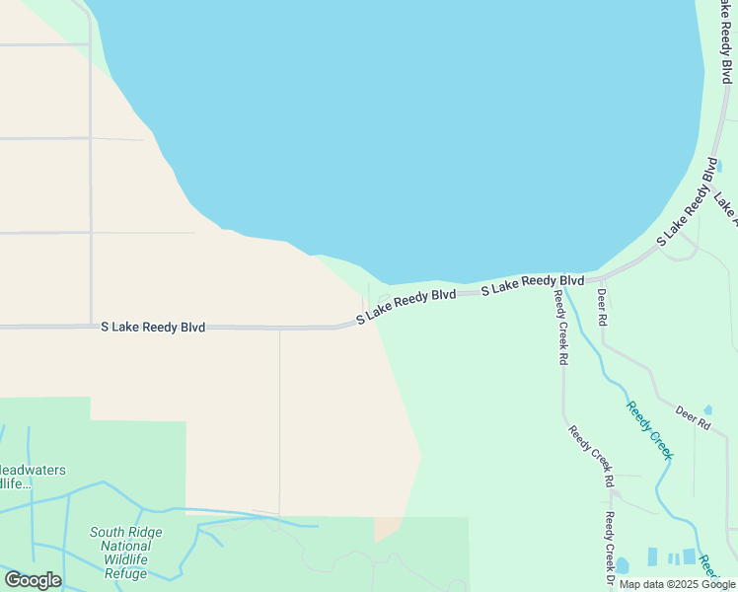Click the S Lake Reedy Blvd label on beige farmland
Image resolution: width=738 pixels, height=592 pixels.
pos(153,327)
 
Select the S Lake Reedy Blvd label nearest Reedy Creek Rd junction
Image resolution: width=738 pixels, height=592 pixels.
pos(533,284)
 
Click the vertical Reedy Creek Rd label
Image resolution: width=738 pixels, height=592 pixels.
pos(560,329)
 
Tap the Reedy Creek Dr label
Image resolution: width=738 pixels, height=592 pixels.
pos(610,551)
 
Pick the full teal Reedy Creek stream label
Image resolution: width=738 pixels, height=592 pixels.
pos(649,429)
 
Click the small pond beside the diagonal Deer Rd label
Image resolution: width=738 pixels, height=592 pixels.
pos(706,407)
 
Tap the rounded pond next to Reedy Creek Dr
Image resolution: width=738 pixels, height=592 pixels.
pos(623,566)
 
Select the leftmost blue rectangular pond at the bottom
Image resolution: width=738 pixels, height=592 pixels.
pos(651,556)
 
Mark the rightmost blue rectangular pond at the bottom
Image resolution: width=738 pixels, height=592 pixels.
pos(689,556)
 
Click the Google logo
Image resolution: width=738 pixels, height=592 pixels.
pos(33,580)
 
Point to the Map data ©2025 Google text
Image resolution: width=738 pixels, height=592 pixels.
pos(677,584)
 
